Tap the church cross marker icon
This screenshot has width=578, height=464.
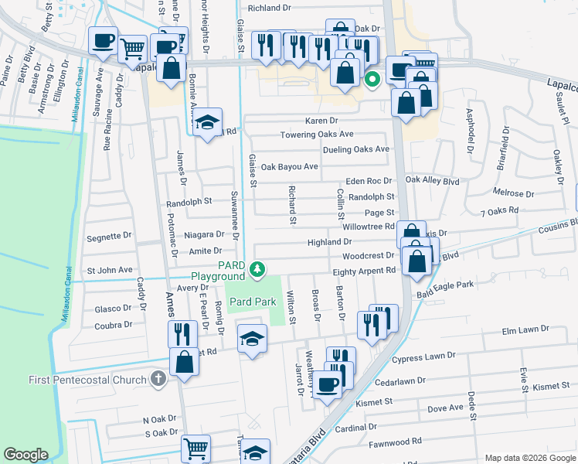(158, 379)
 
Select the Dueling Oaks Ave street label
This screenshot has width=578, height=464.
(356, 149)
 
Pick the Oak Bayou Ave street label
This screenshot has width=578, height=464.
(289, 166)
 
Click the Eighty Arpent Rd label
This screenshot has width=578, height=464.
(364, 271)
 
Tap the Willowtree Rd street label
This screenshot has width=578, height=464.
(369, 227)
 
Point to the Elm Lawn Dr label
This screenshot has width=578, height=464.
(525, 329)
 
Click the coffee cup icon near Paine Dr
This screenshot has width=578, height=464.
(103, 42)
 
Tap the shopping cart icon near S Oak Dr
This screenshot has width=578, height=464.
(195, 449)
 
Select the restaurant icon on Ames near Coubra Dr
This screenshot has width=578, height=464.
(183, 333)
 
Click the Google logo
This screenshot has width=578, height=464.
(25, 455)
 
